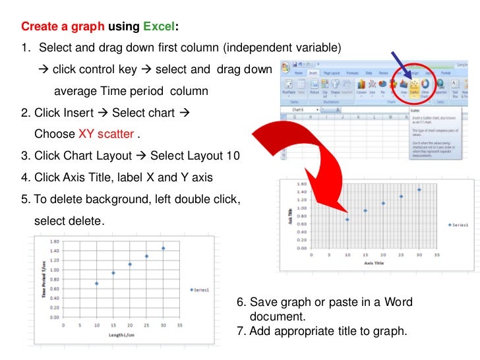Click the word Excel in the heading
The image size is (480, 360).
(x=160, y=27)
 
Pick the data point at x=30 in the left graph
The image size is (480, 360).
(x=163, y=249)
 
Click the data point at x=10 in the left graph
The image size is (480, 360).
(x=96, y=284)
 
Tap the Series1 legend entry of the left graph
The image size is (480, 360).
(x=200, y=289)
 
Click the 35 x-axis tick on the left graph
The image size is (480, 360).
(x=179, y=325)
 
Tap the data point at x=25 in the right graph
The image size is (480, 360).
(x=401, y=196)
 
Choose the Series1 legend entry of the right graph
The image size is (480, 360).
(x=459, y=225)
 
